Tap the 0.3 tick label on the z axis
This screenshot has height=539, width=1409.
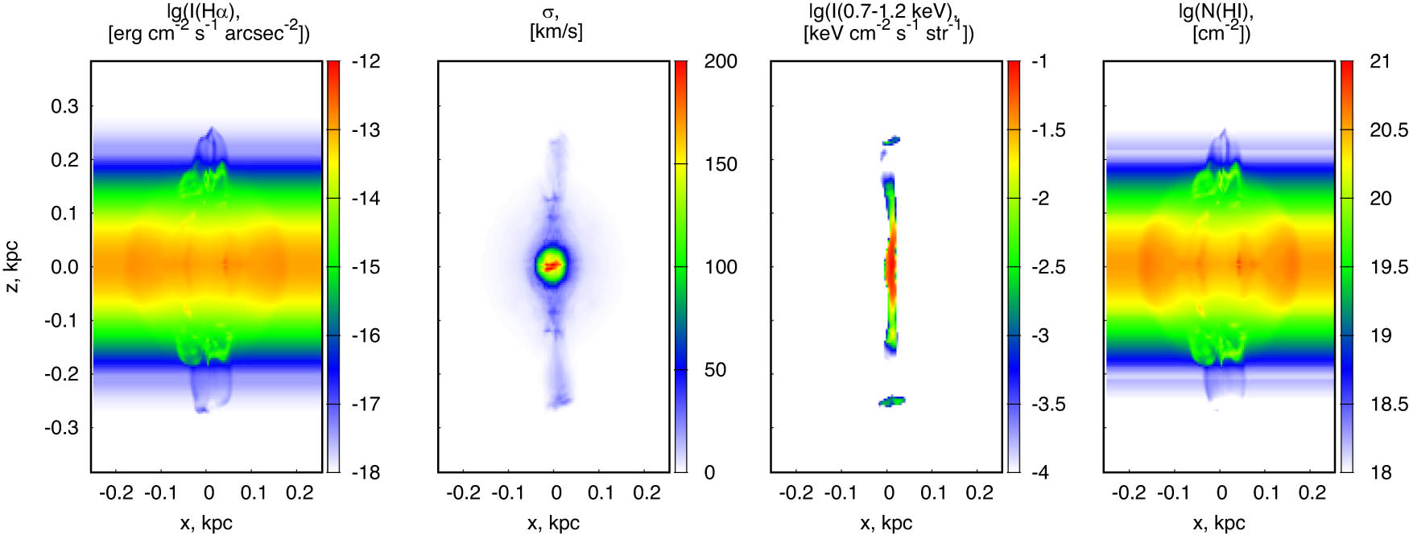(x=64, y=106)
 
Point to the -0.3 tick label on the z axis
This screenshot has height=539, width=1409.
(x=61, y=427)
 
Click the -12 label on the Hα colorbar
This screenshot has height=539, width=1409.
(x=366, y=62)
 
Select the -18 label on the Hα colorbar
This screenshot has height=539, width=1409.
(x=366, y=472)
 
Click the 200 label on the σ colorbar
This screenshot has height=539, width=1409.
(x=720, y=62)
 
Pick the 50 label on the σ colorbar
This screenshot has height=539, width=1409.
(x=715, y=370)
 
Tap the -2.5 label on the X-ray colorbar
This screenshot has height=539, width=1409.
(x=1048, y=267)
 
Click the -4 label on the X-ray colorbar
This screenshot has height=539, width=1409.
(x=1039, y=472)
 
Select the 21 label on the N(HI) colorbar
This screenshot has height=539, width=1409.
(x=1379, y=62)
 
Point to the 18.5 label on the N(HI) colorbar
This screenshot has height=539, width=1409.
(x=1389, y=404)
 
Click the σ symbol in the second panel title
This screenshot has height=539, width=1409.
(x=550, y=12)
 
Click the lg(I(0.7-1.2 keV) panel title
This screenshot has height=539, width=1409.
(x=883, y=11)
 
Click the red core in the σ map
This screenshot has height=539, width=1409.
(x=552, y=265)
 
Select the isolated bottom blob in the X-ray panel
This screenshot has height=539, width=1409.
(x=891, y=400)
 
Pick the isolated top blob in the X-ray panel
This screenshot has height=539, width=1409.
(x=890, y=141)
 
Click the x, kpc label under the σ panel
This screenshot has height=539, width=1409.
(x=553, y=523)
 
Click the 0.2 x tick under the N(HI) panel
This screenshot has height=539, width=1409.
(x=1312, y=493)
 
